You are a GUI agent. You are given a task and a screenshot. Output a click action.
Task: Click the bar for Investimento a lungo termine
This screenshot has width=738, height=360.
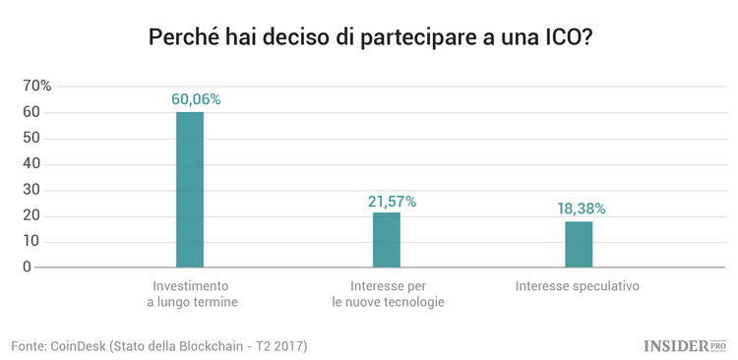coord(190,190)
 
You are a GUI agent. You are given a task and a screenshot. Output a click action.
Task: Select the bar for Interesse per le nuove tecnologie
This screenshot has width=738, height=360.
coord(387,240)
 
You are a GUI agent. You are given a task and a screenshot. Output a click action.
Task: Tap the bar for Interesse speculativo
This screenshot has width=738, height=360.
coord(579,244)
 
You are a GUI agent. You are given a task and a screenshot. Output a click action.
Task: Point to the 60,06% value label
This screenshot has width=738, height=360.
coord(196,99)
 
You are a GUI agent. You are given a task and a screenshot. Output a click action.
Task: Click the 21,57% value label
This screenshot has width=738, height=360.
coord(392,201)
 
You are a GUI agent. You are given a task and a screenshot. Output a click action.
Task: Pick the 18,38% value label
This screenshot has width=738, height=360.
coord(582,209)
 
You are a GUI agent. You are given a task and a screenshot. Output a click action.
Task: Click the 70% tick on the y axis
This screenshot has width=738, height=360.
coord(36,87)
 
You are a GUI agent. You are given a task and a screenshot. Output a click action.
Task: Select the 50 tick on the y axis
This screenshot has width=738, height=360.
coord(31,139)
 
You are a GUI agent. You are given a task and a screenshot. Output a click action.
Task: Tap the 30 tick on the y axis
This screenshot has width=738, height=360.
coord(31,190)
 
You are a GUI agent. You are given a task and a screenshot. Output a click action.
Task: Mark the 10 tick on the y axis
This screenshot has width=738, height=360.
coord(31,242)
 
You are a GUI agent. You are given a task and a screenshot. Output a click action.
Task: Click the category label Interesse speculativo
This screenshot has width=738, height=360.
coord(578,286)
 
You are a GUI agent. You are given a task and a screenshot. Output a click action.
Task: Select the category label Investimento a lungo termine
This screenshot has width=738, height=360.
coord(193,294)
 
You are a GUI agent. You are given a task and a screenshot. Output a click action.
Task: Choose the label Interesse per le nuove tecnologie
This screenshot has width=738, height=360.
coord(388,294)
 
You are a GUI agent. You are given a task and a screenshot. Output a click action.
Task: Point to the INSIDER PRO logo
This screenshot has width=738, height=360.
coord(684,345)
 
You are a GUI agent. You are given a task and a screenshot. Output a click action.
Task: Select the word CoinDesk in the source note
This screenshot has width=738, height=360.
coord(80,346)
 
